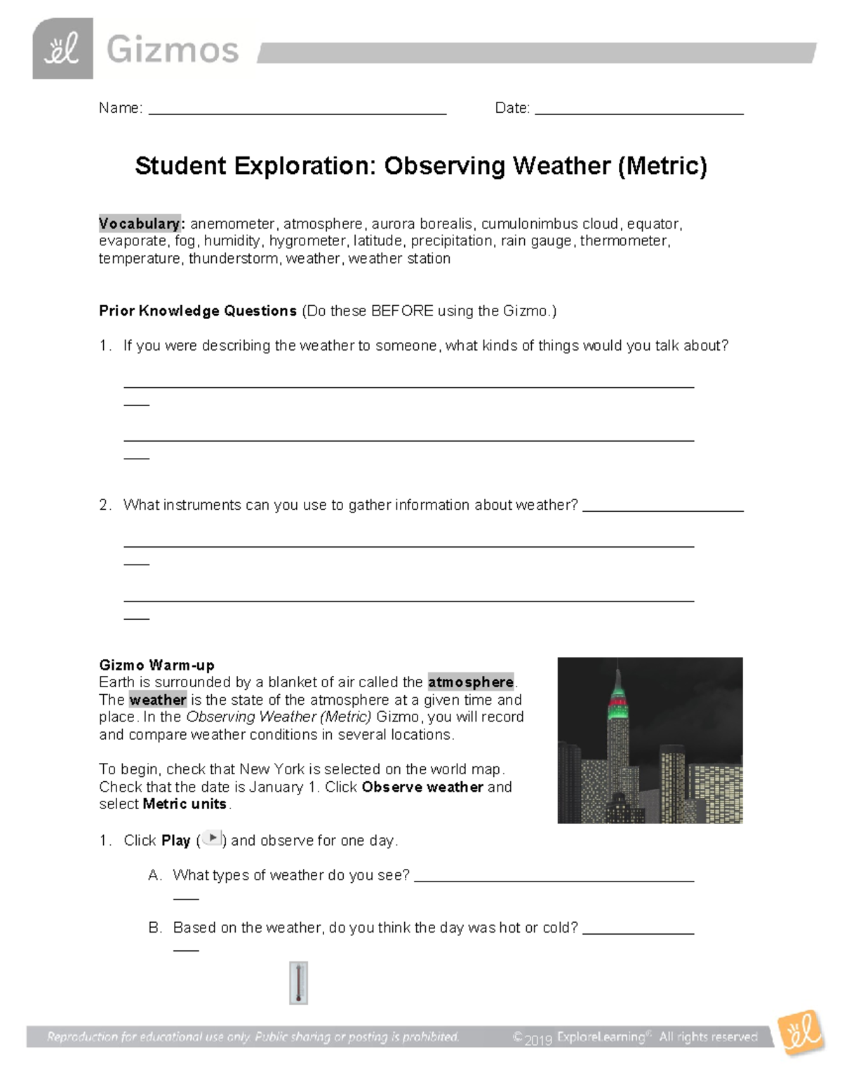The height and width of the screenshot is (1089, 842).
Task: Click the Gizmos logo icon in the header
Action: tap(62, 49)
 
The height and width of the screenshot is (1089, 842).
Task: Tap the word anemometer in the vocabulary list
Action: tap(232, 224)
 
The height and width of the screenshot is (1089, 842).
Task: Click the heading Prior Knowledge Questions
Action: tap(197, 311)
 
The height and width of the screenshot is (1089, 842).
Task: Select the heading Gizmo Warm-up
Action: tap(156, 665)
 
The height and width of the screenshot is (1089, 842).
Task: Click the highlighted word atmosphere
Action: tap(471, 682)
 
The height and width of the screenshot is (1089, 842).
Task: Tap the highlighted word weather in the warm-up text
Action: tap(158, 700)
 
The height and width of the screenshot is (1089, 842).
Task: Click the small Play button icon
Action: tap(212, 839)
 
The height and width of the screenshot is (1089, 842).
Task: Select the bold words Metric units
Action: tap(185, 804)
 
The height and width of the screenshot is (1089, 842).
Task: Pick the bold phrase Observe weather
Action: tap(422, 787)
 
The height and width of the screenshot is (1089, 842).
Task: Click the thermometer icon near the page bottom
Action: tap(298, 982)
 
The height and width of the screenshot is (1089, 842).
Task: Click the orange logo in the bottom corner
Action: tap(799, 1032)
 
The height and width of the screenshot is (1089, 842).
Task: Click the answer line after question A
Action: tap(554, 879)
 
